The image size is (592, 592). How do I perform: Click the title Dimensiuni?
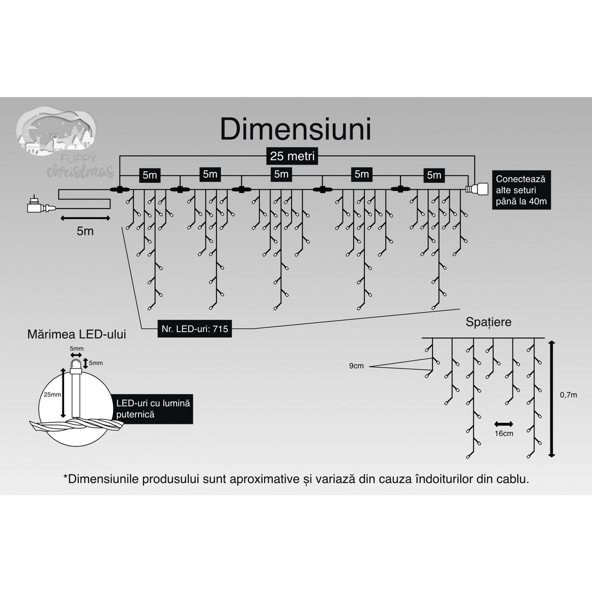[295, 129]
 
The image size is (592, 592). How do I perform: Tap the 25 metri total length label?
[292, 156]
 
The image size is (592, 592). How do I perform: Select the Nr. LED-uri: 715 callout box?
[195, 329]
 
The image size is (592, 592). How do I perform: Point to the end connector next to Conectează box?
[477, 189]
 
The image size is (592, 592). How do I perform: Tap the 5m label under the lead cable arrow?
[85, 231]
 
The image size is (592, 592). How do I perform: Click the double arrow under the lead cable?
[85, 218]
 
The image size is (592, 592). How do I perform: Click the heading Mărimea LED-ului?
[77, 335]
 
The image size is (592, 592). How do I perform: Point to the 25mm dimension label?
[52, 395]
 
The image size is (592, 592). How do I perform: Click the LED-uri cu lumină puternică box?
[154, 409]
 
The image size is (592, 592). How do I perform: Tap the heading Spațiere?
[488, 322]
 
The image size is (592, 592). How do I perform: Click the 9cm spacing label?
[356, 366]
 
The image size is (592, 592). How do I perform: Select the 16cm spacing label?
[503, 434]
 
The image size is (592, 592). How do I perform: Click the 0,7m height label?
[568, 395]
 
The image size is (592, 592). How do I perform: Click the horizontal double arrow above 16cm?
[503, 424]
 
